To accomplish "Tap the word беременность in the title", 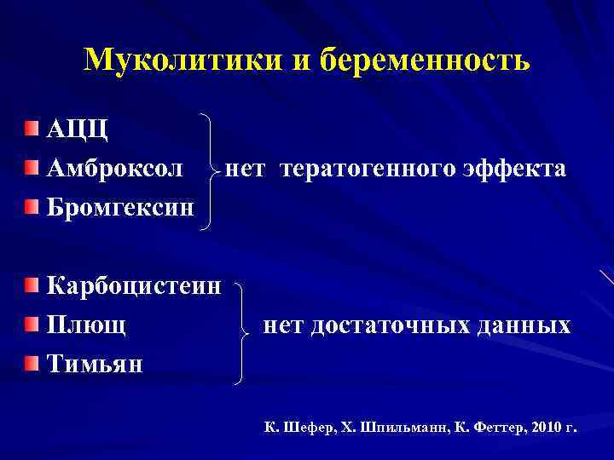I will pyautogui.click(x=426, y=60).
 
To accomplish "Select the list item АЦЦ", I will pyautogui.click(x=78, y=129).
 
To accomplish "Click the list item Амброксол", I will pyautogui.click(x=114, y=168).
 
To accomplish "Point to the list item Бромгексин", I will pyautogui.click(x=120, y=206).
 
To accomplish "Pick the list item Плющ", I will pyautogui.click(x=87, y=324).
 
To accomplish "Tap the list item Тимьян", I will pyautogui.click(x=95, y=363).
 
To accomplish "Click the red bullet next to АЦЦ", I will pyautogui.click(x=32, y=129).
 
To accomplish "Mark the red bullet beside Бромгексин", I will pyautogui.click(x=32, y=206).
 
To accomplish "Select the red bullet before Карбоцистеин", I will pyautogui.click(x=32, y=285).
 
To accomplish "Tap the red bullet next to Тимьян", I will pyautogui.click(x=32, y=363).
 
